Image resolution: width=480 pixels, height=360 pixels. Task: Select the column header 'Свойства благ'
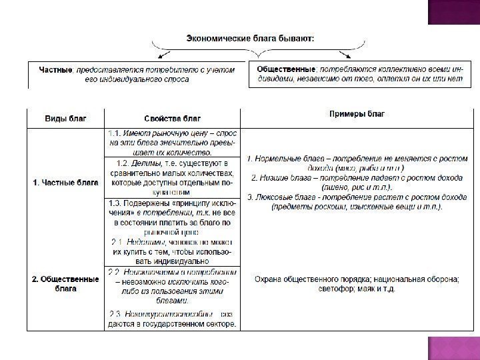171,118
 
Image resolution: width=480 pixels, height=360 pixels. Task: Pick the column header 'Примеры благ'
357,114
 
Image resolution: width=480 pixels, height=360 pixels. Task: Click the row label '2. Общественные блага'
65,283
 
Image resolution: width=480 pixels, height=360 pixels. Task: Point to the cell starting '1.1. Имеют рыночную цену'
171,143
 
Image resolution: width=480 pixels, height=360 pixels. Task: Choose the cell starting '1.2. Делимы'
171,177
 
